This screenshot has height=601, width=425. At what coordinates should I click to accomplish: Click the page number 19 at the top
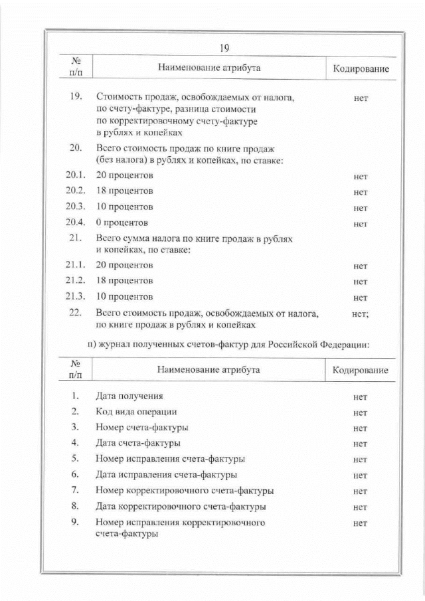coord(224,47)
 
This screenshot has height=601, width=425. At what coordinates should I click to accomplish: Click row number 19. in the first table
coord(75,98)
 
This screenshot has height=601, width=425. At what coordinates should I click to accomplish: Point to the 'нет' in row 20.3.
coord(361,208)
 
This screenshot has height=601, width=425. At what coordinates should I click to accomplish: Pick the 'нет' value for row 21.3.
coord(361,298)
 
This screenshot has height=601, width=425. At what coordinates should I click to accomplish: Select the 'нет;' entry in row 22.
coord(360,313)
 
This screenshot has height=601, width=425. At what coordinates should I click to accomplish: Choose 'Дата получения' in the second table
coord(129,396)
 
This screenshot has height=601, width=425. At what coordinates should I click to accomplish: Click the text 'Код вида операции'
coord(136,412)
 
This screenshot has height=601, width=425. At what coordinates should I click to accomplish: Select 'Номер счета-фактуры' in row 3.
coord(141,427)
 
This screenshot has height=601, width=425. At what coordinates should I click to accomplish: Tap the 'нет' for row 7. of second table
coord(361,491)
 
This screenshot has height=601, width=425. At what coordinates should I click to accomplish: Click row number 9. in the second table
coord(75,522)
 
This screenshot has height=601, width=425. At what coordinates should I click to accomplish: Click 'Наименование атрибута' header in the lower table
coord(209,370)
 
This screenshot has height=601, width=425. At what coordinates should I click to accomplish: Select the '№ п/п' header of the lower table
coord(75,370)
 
